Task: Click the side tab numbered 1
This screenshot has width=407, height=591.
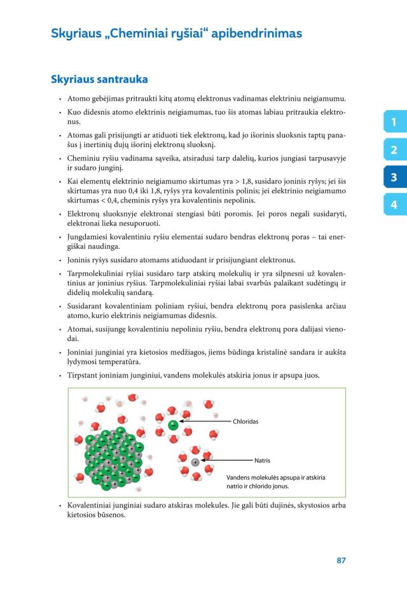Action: (394, 122)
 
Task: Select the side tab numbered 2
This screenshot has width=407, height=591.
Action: (394, 150)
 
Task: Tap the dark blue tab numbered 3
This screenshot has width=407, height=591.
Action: (394, 177)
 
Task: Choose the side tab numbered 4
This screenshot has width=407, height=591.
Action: (394, 204)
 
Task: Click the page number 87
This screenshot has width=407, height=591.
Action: (341, 560)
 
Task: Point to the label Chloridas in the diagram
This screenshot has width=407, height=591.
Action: (246, 421)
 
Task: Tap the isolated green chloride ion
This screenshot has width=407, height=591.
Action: (173, 424)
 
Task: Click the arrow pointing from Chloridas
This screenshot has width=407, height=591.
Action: (203, 421)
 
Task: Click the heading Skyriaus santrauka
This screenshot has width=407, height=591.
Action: (99, 80)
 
